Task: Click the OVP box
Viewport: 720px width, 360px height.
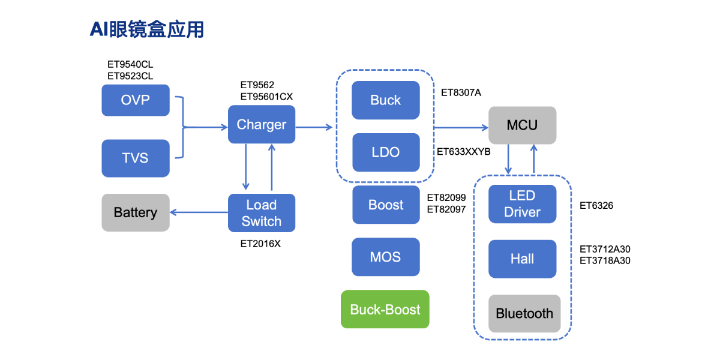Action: click(x=136, y=100)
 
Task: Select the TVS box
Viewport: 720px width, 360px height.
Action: click(x=136, y=158)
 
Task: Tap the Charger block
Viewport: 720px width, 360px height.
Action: click(x=262, y=125)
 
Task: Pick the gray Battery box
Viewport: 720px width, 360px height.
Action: click(x=136, y=212)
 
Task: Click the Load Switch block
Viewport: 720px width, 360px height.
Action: click(x=262, y=213)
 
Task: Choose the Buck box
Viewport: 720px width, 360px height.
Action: click(x=386, y=100)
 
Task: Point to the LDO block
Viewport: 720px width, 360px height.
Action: click(x=386, y=152)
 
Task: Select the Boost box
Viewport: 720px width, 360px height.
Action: click(x=386, y=205)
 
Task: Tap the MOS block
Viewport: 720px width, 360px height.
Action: click(x=386, y=257)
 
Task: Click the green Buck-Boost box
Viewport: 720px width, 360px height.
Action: click(x=385, y=310)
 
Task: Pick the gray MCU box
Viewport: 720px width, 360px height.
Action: click(x=523, y=125)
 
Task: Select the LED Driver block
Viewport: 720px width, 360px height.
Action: click(x=523, y=204)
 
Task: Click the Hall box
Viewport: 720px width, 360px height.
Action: click(x=523, y=259)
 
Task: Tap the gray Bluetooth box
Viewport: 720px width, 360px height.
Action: click(x=524, y=314)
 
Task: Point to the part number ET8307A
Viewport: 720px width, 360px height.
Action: click(x=461, y=92)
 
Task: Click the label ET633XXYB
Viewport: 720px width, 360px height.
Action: click(x=464, y=152)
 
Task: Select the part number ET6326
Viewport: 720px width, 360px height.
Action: click(x=596, y=206)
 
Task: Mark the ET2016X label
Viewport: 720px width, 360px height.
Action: click(x=260, y=243)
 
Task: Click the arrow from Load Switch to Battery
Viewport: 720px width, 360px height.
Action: click(x=199, y=212)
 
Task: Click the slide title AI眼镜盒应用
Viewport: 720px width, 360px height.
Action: click(x=147, y=29)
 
